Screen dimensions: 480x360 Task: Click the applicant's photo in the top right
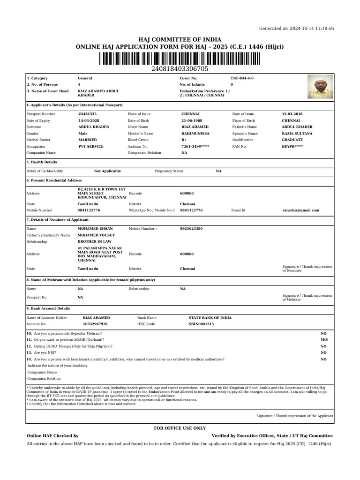click(321, 87)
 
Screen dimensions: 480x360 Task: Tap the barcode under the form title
click(180, 59)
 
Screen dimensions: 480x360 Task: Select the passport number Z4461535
click(88, 114)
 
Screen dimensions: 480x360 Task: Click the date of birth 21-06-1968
click(192, 120)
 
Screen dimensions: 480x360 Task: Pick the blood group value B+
click(184, 140)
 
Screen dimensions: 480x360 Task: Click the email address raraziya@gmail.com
click(300, 210)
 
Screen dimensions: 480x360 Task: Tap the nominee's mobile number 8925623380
click(191, 229)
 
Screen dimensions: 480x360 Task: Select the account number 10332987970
click(95, 324)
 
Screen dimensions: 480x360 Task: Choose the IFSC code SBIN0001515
click(201, 324)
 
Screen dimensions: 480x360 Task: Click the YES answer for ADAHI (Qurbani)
click(323, 339)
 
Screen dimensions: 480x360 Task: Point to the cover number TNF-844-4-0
click(242, 78)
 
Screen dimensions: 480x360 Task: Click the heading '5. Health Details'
click(42, 162)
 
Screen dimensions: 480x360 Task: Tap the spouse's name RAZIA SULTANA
click(297, 134)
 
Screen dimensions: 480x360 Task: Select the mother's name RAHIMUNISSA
click(195, 134)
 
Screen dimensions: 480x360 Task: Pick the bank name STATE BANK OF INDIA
click(210, 318)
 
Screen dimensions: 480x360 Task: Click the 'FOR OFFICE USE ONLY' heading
click(180, 428)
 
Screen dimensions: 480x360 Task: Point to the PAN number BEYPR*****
click(292, 146)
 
